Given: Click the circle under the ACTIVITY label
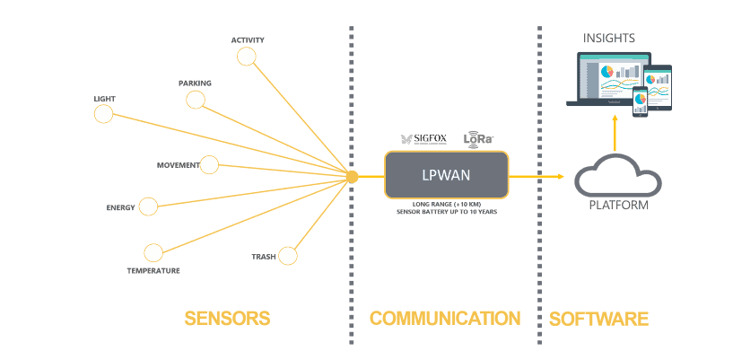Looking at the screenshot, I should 247,57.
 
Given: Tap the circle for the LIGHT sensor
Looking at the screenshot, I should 104,114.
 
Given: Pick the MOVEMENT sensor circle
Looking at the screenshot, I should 209,165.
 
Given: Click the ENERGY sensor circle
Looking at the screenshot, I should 148,207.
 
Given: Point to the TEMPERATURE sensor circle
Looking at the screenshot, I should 153,253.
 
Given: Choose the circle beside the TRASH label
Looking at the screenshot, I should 287,256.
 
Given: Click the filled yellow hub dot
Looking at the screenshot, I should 353,177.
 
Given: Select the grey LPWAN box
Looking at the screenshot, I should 446,175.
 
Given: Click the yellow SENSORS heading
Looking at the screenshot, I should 227,319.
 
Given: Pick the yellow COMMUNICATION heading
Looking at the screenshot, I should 445,319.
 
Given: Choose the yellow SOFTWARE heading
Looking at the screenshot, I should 598,319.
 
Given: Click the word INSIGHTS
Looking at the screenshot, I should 609,38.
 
